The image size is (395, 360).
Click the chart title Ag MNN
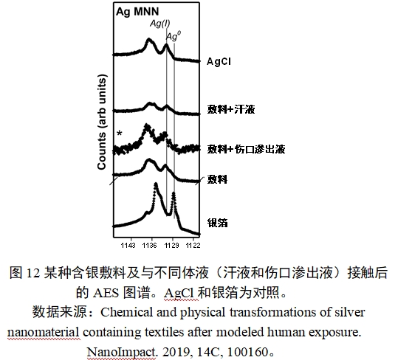135,13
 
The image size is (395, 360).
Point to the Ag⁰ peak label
172,35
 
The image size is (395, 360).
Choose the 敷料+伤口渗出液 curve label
246,149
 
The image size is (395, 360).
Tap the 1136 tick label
150,243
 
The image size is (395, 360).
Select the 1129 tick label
171,243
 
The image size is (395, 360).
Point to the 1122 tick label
193,243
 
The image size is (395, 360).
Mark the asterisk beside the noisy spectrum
119,134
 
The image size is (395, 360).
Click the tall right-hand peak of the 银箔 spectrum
174,195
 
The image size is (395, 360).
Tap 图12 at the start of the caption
24,272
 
